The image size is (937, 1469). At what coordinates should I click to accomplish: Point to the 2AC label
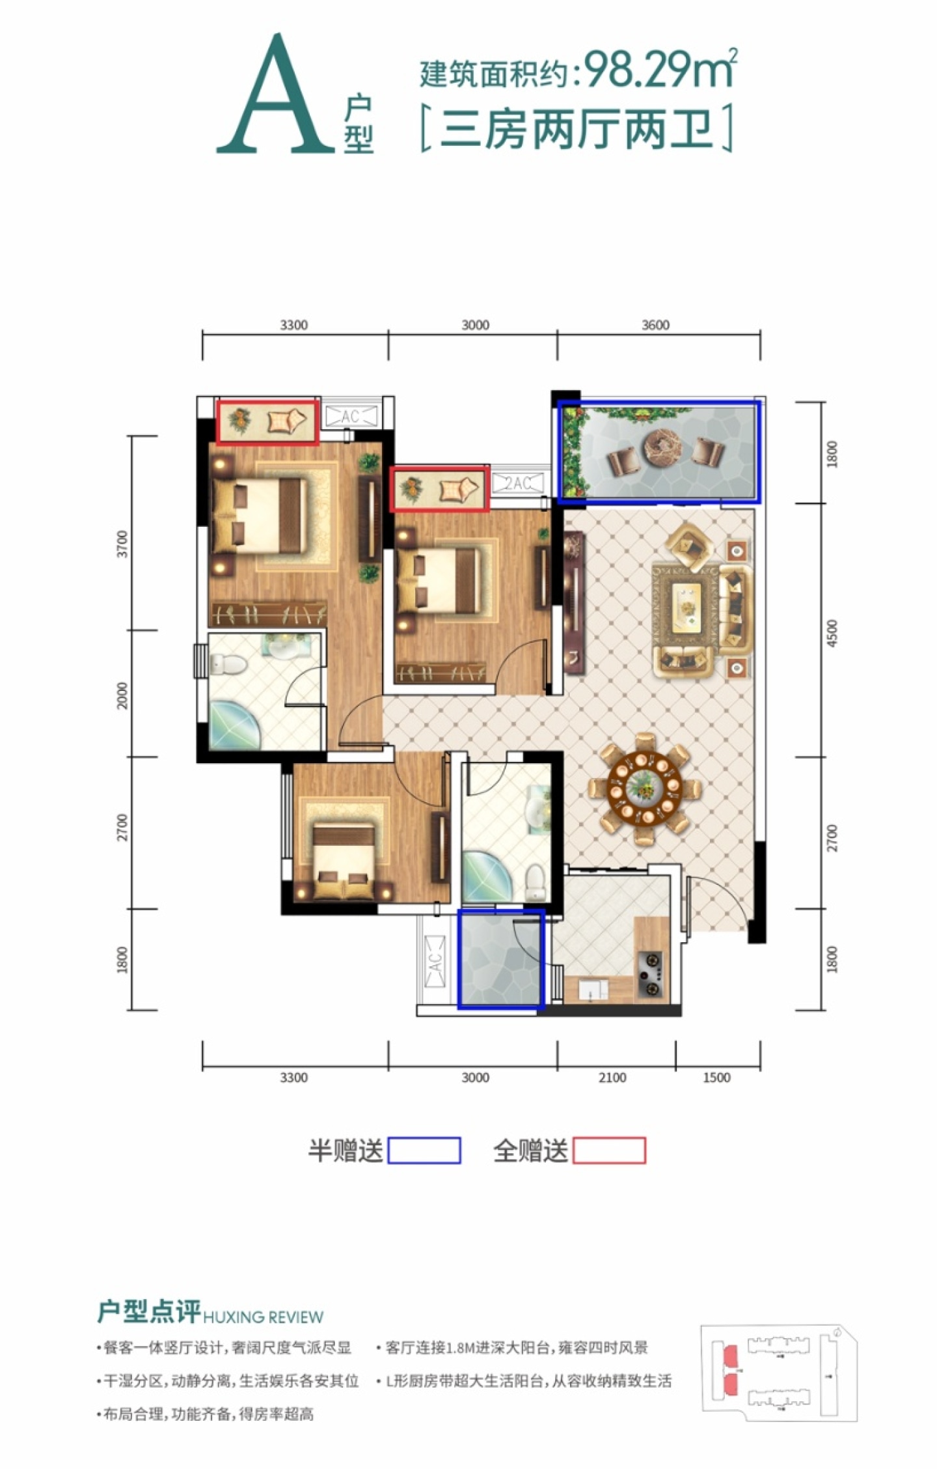tap(519, 483)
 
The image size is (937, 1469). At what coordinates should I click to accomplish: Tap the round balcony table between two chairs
tap(661, 448)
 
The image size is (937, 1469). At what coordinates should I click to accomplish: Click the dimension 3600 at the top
tap(655, 325)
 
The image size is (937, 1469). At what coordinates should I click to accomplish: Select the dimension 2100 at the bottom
tap(612, 1078)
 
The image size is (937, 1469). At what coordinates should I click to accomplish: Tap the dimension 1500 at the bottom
tap(716, 1078)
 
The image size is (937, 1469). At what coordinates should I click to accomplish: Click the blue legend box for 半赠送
tap(424, 1151)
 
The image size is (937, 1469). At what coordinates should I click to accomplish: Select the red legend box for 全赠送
tap(609, 1151)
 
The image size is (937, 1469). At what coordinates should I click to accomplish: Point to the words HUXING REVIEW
tap(263, 1317)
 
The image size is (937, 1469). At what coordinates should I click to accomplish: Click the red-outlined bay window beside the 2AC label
tap(440, 489)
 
